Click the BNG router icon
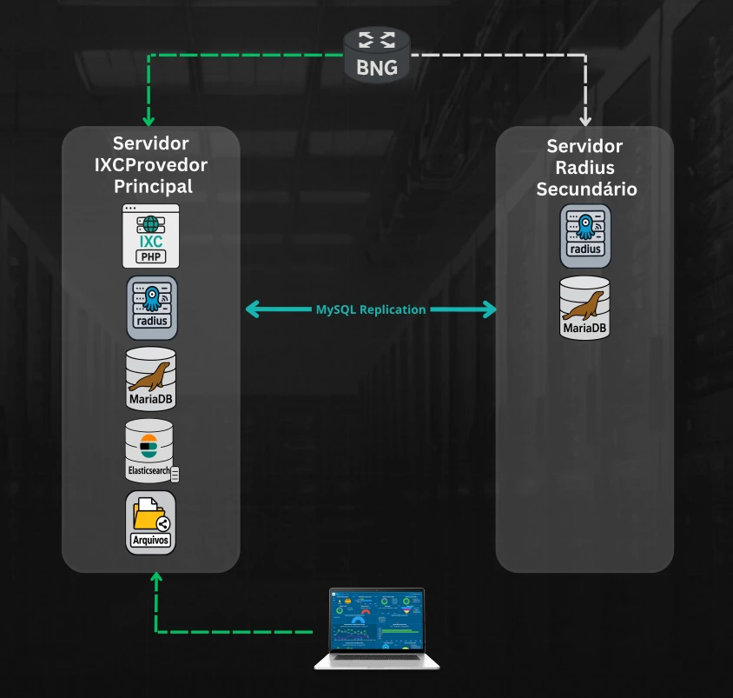coord(376,54)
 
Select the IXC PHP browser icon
coord(151,236)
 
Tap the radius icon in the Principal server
coord(152,307)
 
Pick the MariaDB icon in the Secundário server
coord(584,307)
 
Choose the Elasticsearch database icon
coord(151,450)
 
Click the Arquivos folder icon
coord(151,522)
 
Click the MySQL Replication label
coord(371,309)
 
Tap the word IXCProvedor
coord(151,165)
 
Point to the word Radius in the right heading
coord(584,168)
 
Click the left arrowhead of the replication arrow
coord(254,309)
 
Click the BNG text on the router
coord(377,67)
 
